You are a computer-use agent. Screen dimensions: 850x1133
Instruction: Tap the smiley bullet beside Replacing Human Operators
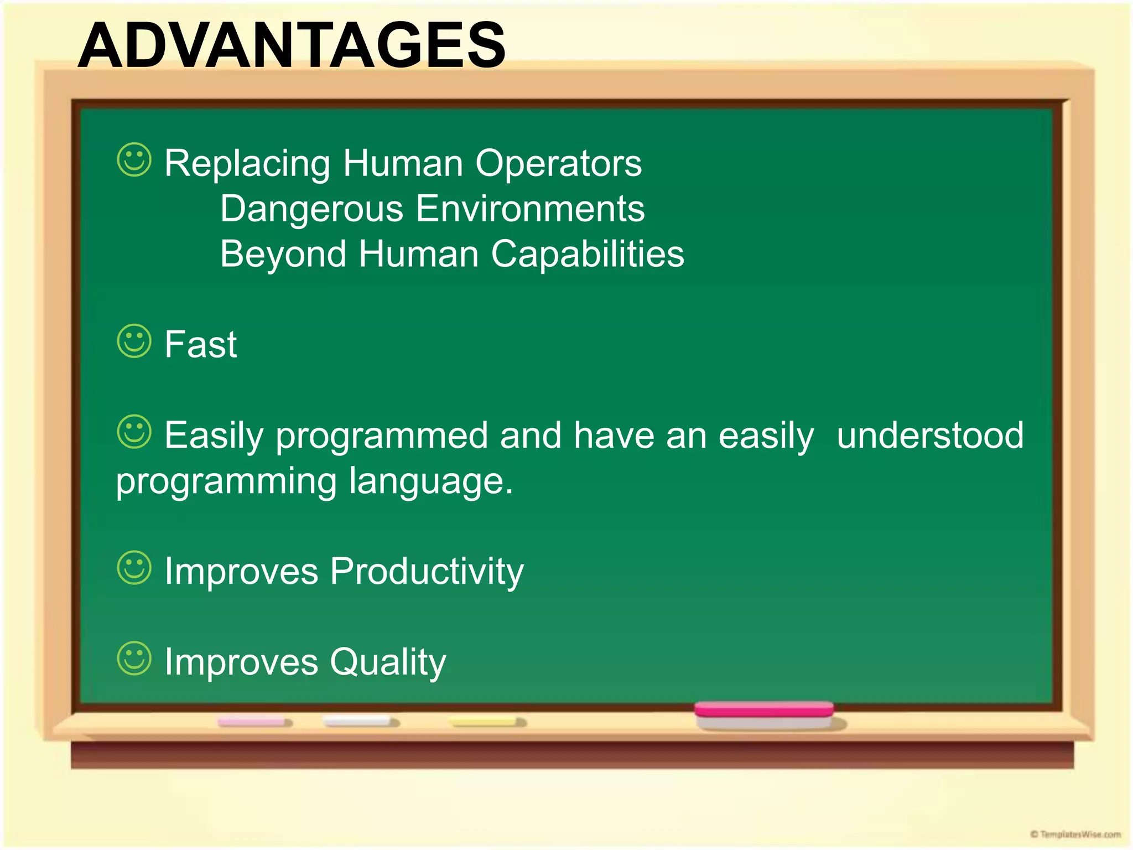(134, 160)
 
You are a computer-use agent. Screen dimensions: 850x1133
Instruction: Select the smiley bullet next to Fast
(134, 341)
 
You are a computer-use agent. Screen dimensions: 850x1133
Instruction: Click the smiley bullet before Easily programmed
(134, 432)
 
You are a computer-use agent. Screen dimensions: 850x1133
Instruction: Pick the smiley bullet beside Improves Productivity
(134, 567)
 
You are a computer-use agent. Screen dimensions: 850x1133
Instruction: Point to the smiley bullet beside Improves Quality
(134, 659)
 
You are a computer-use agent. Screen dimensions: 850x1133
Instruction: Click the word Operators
(558, 164)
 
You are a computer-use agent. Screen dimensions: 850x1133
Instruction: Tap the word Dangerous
(311, 209)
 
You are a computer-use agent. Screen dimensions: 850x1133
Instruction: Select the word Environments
(530, 209)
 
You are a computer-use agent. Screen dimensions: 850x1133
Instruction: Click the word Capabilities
(588, 255)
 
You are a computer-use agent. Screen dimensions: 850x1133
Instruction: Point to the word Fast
(200, 345)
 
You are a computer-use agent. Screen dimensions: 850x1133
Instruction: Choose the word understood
(930, 436)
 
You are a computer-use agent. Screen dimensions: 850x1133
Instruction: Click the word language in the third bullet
(430, 481)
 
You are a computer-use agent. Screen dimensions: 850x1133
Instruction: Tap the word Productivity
(427, 572)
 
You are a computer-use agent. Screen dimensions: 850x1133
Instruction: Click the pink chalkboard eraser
(764, 714)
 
